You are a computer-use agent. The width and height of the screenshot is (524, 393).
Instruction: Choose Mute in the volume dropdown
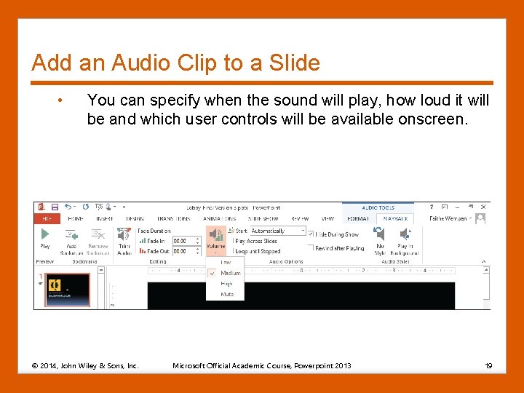tap(227, 294)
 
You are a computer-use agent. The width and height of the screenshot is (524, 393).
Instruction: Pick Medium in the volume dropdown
tap(230, 273)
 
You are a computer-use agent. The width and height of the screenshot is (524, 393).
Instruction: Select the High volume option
tap(227, 284)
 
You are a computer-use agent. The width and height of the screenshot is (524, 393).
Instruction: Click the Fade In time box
tap(180, 241)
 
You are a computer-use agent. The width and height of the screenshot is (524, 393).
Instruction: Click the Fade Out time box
tap(180, 251)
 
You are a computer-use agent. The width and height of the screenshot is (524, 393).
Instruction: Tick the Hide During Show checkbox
tap(311, 234)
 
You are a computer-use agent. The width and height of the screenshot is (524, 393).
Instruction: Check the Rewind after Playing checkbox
tap(311, 248)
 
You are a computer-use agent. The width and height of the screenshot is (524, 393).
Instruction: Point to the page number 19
tap(488, 365)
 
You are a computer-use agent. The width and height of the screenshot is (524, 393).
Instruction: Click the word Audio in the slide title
tap(139, 63)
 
